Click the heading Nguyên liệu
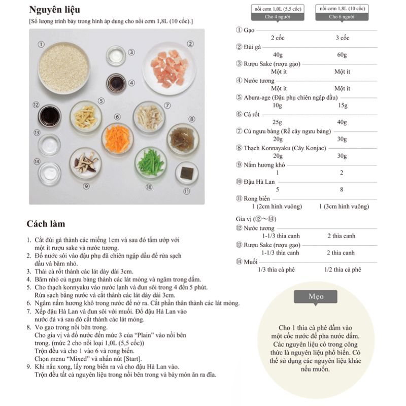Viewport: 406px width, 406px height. (x=54, y=10)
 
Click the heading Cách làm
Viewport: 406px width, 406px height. (x=46, y=224)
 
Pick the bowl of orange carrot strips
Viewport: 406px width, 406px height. (x=117, y=138)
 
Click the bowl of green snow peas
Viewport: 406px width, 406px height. (x=151, y=162)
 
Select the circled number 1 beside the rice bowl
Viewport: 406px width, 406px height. (x=41, y=44)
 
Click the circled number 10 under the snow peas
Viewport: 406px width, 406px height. (x=149, y=187)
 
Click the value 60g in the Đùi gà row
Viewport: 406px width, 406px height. (x=342, y=55)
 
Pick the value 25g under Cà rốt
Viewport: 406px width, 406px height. (x=277, y=122)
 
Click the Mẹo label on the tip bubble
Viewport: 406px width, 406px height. (x=316, y=296)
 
